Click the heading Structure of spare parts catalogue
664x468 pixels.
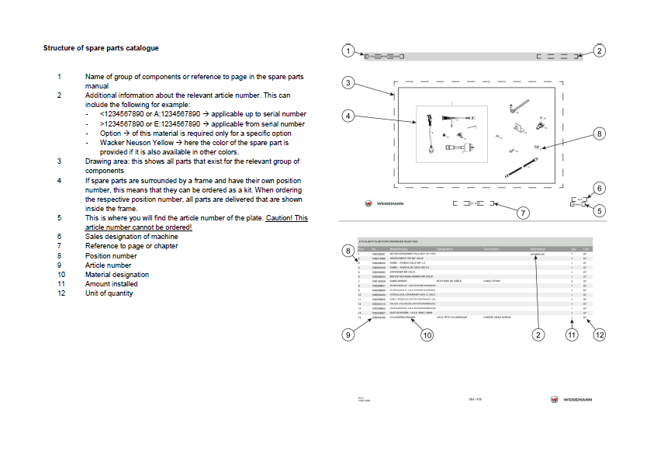point(101,48)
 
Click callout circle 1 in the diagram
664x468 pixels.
point(348,51)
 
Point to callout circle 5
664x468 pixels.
point(600,210)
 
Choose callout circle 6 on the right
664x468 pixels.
point(599,189)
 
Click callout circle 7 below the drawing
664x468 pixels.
point(523,212)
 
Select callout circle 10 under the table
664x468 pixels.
point(427,335)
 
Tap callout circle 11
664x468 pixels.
point(572,335)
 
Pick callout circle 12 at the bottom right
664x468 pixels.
point(599,335)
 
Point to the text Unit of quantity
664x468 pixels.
point(109,293)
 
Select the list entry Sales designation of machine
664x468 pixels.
point(131,237)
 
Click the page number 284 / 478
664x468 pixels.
point(476,399)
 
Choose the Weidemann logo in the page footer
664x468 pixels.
point(571,399)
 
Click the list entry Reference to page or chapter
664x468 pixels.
point(131,246)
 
